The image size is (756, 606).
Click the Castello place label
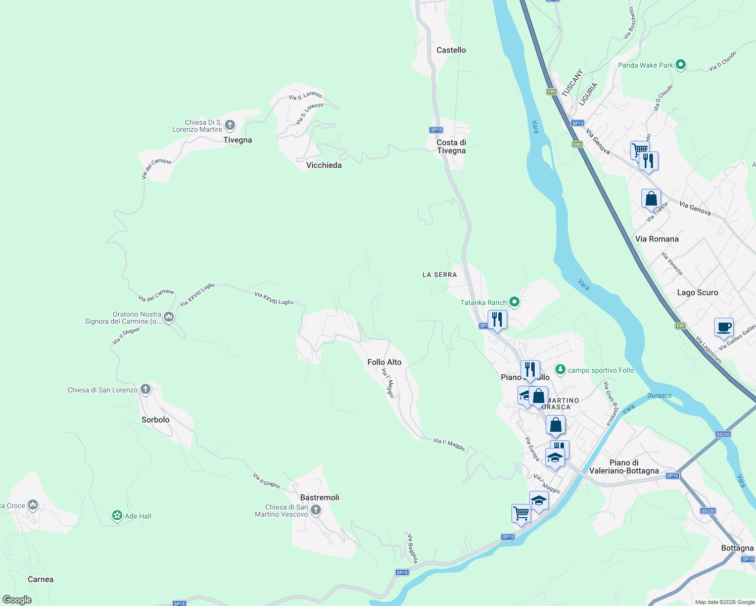click(451, 50)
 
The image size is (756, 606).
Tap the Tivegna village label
click(238, 140)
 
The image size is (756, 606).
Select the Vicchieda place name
click(324, 165)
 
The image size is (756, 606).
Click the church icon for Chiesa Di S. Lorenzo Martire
click(230, 125)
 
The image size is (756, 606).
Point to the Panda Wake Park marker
click(681, 65)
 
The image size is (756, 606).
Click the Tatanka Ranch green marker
click(514, 302)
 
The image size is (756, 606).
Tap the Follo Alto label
click(385, 362)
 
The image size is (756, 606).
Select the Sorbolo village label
click(156, 420)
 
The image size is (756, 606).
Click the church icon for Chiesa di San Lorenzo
click(146, 389)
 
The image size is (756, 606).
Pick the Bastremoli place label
click(320, 497)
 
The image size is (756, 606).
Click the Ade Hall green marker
click(117, 516)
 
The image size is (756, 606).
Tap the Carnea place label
click(40, 579)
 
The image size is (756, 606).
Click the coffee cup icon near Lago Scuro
click(724, 326)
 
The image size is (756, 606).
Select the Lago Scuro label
click(697, 292)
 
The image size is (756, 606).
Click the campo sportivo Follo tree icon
click(560, 370)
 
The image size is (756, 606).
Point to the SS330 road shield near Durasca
click(723, 434)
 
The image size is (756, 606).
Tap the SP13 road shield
click(577, 123)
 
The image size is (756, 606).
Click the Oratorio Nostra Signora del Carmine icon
click(169, 317)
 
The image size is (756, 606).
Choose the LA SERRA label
click(440, 275)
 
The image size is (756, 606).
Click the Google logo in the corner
click(17, 600)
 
